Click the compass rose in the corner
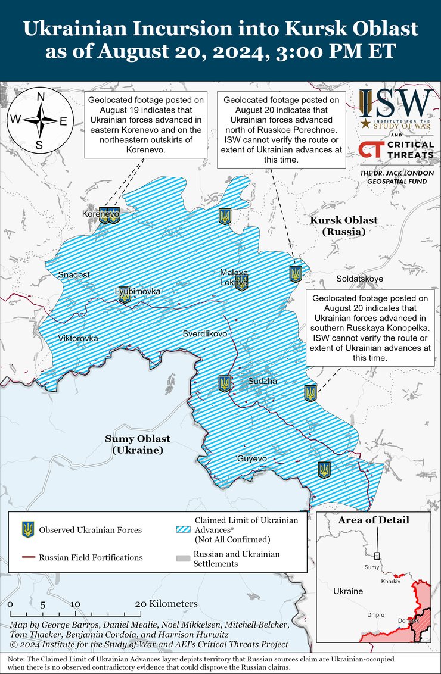[x=40, y=121]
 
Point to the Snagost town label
[x=73, y=274]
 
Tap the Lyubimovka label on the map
[x=138, y=291]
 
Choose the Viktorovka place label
[x=77, y=338]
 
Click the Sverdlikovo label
[x=204, y=333]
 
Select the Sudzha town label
[x=262, y=381]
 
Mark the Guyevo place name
[x=251, y=458]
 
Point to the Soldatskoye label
[x=359, y=279]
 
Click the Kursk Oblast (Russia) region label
[x=343, y=226]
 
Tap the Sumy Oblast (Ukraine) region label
[x=138, y=444]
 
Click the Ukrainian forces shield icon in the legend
[x=27, y=529]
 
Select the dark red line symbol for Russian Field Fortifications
[x=27, y=558]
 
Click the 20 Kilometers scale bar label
[x=167, y=603]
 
